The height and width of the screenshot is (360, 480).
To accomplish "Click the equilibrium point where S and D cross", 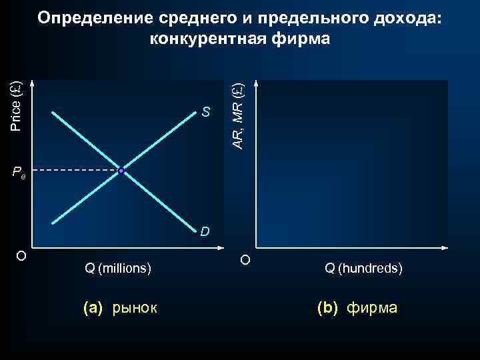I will (x=121, y=171).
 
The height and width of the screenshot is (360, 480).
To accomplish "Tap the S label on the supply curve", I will (x=207, y=112).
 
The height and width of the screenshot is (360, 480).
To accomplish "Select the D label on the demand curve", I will (x=206, y=232).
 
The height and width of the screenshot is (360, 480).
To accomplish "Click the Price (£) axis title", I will (x=17, y=105).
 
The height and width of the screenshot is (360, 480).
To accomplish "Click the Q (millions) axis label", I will (x=118, y=269).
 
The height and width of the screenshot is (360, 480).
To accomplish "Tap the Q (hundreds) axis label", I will (x=363, y=269).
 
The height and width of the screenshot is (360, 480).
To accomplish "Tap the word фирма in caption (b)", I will (x=373, y=308).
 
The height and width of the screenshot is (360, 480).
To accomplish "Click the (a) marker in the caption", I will (x=93, y=308).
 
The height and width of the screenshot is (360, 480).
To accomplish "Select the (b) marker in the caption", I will (x=328, y=308).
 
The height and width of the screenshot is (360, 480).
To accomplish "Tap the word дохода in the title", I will (x=407, y=18).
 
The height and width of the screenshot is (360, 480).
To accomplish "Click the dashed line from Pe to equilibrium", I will (x=73, y=171).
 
